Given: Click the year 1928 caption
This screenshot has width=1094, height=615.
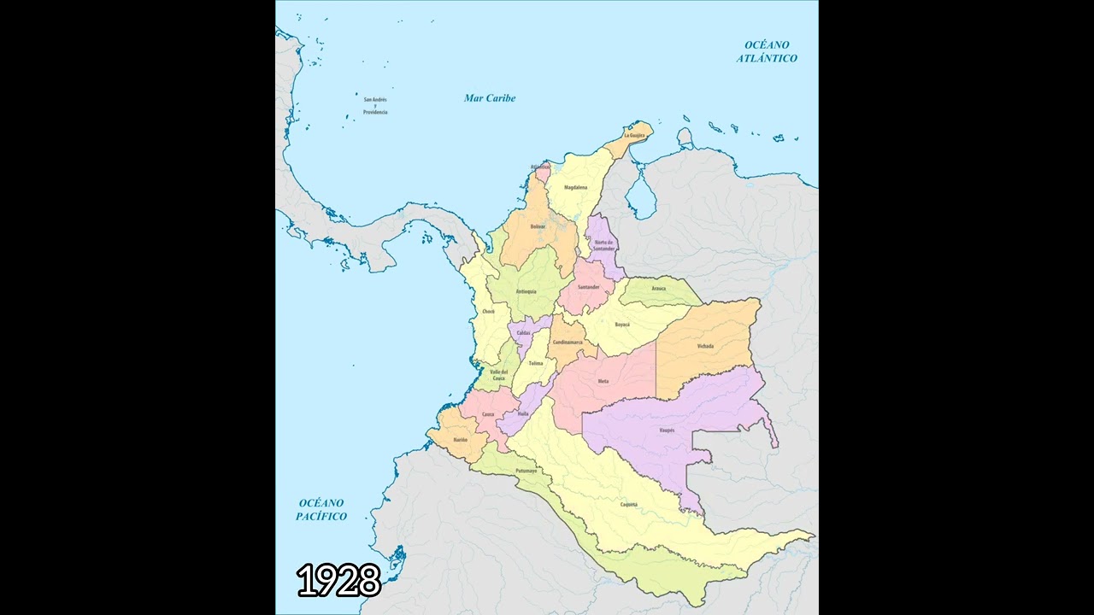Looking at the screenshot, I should point(338,581).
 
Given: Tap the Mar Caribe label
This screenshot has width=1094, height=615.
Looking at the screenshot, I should point(490,98).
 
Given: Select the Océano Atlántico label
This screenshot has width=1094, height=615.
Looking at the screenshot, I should point(767,51).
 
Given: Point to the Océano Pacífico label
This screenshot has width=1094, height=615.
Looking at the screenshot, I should point(321,510).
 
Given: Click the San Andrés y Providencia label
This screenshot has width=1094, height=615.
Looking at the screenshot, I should point(375,106).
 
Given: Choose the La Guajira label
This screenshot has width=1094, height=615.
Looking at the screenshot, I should point(634,136).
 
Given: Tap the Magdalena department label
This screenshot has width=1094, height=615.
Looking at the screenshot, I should point(575,187).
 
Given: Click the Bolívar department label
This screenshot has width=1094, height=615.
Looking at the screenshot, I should point(538,226).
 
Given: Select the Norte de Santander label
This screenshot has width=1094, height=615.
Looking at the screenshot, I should point(604,245).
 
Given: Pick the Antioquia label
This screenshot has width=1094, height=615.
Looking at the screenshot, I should point(526,291).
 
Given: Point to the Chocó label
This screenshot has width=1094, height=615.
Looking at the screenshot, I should point(488,312).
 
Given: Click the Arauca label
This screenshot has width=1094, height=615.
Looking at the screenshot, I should point(658,289).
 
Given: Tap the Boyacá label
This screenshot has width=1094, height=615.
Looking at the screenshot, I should point(622,325).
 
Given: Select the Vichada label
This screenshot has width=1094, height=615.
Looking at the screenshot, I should point(705,346).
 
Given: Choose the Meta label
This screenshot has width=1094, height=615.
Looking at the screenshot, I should point(603,381).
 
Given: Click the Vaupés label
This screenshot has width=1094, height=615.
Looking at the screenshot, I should point(668,430).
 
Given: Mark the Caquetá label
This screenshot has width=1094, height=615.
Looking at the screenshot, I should point(628,505).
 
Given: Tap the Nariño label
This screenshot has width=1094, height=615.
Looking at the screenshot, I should point(461,439).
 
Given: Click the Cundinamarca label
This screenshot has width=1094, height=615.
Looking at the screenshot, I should point(568,342).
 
